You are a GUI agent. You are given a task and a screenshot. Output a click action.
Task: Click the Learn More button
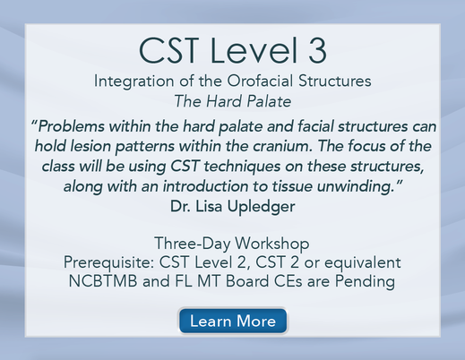(x=233, y=321)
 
